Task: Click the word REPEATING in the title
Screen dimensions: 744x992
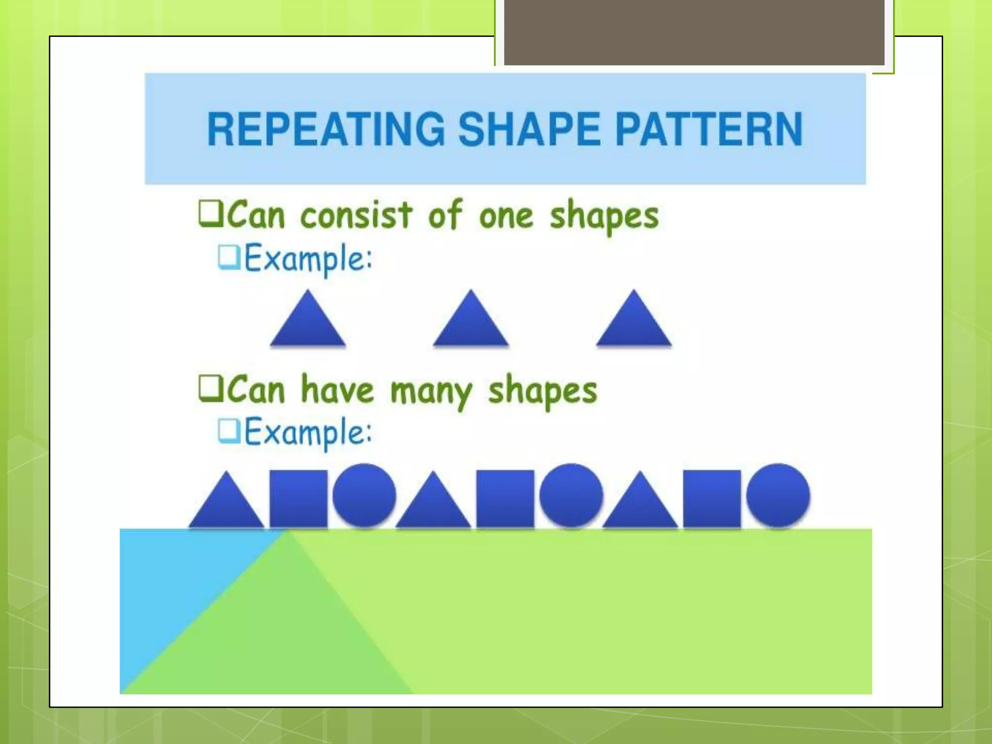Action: click(x=325, y=129)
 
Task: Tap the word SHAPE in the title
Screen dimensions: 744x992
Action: click(x=529, y=129)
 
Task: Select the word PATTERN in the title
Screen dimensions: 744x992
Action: click(x=709, y=129)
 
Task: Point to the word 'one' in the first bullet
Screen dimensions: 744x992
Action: click(x=506, y=216)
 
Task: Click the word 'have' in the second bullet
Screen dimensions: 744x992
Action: click(x=337, y=389)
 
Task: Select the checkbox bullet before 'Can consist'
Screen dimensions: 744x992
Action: click(x=210, y=215)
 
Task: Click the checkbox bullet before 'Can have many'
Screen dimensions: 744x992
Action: click(x=210, y=389)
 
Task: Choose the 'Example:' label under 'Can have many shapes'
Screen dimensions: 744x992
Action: click(x=308, y=432)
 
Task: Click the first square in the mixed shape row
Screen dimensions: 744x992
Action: click(x=298, y=498)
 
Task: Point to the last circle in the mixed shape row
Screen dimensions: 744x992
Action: click(x=778, y=495)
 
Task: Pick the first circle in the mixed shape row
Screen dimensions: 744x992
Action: click(x=364, y=495)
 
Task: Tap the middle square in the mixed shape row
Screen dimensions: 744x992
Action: click(x=505, y=498)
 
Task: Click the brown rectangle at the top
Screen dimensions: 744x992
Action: click(x=694, y=32)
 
